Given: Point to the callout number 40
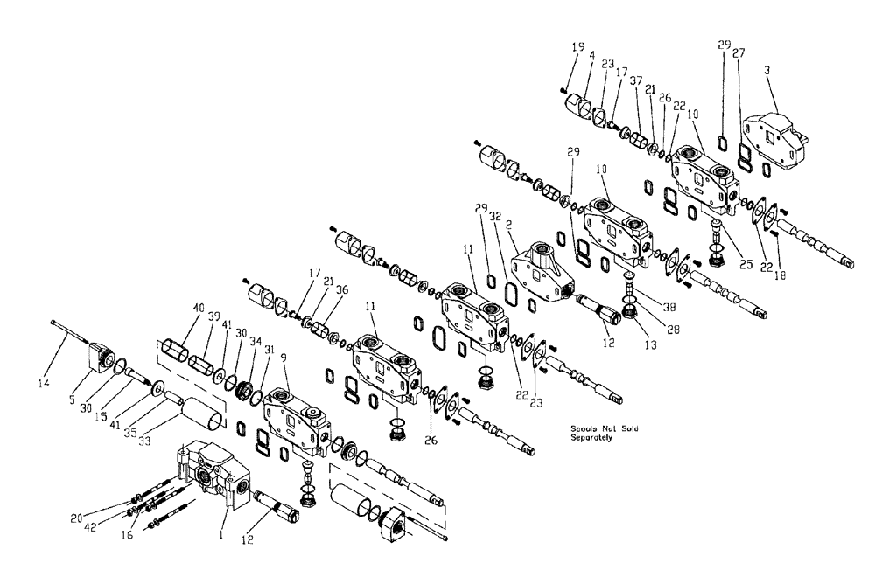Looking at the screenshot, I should tap(199, 307).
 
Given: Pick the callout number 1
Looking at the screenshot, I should tap(221, 532).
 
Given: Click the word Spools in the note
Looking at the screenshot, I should tap(583, 429).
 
